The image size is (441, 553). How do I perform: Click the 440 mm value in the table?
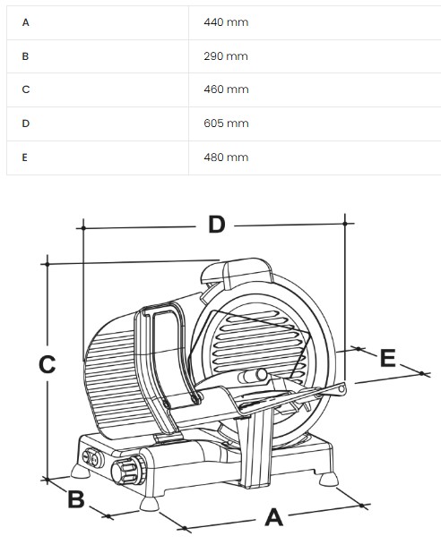pos(226,22)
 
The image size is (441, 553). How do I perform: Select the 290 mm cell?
pos(226,56)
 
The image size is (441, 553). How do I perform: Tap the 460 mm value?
pos(226,89)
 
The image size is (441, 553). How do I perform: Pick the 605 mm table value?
pos(226,123)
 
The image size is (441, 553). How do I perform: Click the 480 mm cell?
pos(226,157)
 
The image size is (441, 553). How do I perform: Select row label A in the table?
pos(25,22)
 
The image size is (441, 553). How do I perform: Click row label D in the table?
pos(25,123)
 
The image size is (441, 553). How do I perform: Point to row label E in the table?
pos(24,157)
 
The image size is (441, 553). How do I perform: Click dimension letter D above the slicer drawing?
pos(217,225)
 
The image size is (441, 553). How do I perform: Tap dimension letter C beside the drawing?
pos(47,364)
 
